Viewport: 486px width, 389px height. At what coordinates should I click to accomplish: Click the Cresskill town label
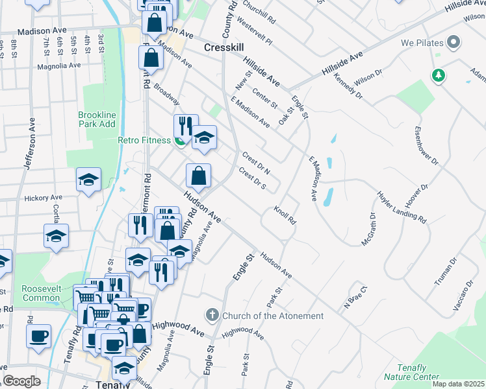click(224, 47)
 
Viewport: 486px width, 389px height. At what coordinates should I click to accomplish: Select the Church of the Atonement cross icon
click(212, 316)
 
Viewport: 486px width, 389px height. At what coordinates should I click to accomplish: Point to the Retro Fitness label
click(144, 140)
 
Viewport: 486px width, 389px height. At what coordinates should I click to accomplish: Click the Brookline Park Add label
click(97, 119)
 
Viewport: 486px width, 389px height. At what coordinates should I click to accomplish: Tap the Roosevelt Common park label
click(40, 292)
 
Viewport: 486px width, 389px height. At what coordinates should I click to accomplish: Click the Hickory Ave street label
click(43, 198)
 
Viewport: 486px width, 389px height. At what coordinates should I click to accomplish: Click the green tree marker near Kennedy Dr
click(440, 76)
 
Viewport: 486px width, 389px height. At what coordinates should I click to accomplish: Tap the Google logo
click(21, 381)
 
